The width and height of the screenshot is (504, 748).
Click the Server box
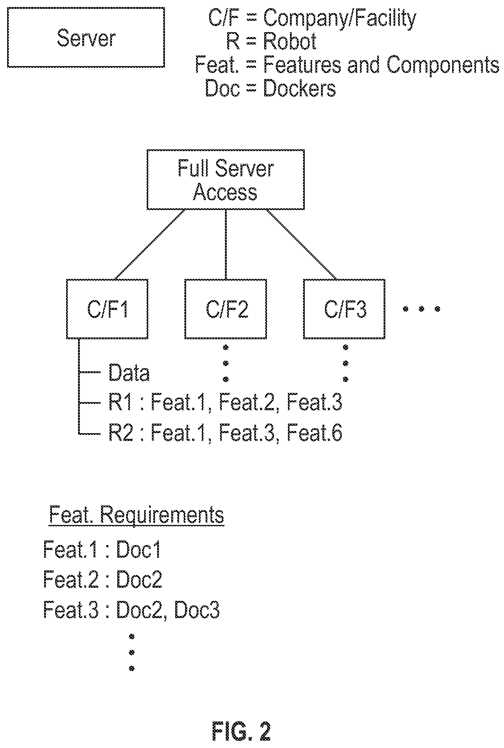click(86, 37)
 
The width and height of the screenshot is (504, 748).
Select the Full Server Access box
click(226, 179)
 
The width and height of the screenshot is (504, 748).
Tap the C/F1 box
click(107, 309)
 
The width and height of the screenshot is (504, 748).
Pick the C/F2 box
click(226, 309)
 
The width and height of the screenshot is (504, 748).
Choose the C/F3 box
click(344, 309)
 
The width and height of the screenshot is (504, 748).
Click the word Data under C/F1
click(129, 373)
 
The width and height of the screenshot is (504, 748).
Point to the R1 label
click(120, 402)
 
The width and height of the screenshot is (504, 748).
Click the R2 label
click(121, 432)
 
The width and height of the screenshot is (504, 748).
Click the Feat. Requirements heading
click(137, 516)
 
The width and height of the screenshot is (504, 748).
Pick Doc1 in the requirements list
click(139, 550)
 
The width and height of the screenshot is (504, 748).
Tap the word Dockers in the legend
click(300, 89)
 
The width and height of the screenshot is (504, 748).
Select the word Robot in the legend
click(290, 41)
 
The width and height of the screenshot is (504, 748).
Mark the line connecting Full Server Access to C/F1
click(150, 244)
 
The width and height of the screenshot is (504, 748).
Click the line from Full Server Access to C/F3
click(301, 244)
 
